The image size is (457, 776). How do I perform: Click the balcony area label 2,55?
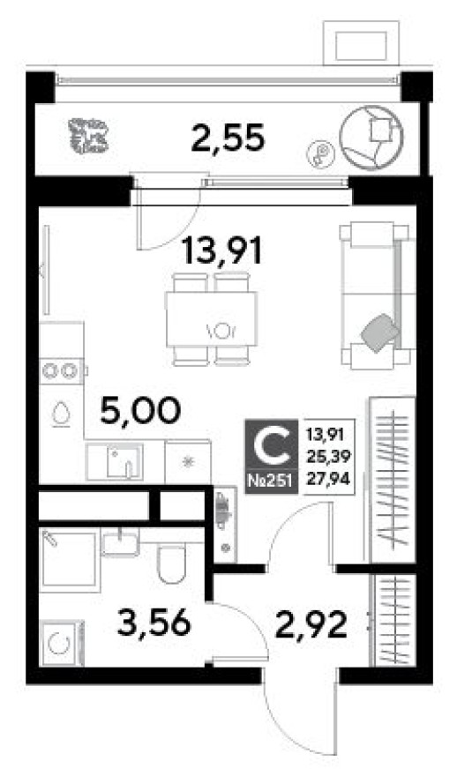coord(228,138)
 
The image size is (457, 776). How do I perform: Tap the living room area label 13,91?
coord(222,253)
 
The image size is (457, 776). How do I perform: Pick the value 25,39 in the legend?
coord(326,457)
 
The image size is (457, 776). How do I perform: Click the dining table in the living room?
coord(212,318)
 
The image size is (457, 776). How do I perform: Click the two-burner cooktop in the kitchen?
coord(62,371)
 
